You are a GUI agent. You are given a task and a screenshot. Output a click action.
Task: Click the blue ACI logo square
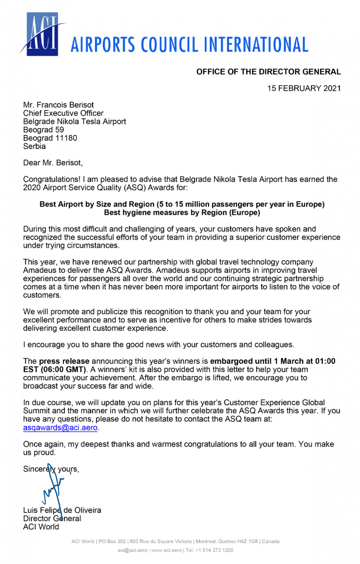coord(42,34)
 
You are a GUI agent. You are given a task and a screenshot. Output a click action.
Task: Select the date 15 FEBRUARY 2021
coord(304,88)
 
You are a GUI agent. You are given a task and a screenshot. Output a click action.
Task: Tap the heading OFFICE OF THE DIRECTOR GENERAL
coord(268,72)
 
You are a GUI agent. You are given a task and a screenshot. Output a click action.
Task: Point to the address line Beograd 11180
coord(50,138)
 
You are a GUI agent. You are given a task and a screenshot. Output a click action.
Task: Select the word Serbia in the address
coord(35,146)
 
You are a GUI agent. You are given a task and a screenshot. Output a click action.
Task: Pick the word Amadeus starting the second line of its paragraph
coord(39,270)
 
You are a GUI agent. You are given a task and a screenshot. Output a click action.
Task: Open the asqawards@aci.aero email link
coord(61,428)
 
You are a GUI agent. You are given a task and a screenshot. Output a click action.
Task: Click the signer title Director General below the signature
coord(52,518)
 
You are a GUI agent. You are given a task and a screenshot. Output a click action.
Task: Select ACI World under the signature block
coord(41,526)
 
